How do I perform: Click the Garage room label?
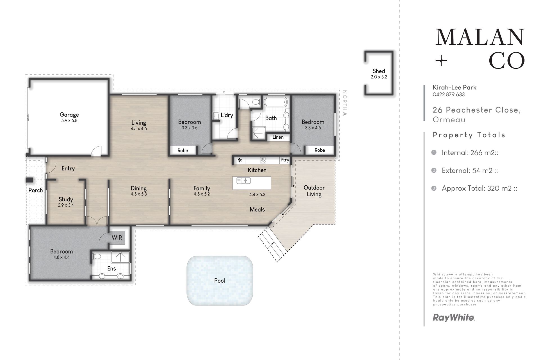click(x=69, y=114)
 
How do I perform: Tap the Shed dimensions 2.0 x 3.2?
click(x=379, y=77)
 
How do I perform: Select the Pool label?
click(x=220, y=280)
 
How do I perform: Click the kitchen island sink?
click(x=244, y=181)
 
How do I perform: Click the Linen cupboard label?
click(x=278, y=137)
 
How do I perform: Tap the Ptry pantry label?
click(x=285, y=160)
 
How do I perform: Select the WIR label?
click(x=117, y=238)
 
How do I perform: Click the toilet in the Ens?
click(x=96, y=256)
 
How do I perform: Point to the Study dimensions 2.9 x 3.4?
click(x=66, y=205)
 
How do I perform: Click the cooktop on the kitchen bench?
click(x=263, y=160)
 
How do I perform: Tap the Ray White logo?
click(x=454, y=318)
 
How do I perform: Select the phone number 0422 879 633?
click(x=449, y=94)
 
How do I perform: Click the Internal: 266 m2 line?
click(x=470, y=153)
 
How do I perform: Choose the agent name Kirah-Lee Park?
click(x=454, y=87)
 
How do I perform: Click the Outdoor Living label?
click(x=314, y=191)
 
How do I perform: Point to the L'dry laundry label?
click(x=227, y=115)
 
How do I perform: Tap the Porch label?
click(x=36, y=190)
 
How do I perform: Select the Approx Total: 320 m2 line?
click(x=480, y=188)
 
